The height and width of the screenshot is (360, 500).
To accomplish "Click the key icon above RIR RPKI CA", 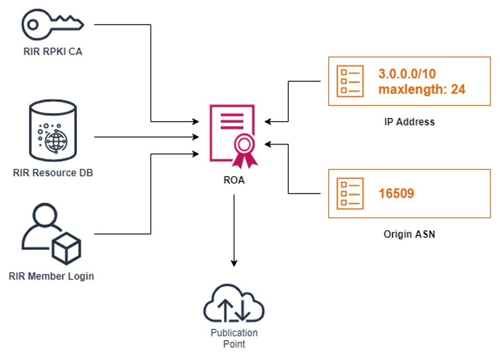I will pyautogui.click(x=52, y=24).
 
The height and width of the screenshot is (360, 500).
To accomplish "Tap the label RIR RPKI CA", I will pyautogui.click(x=53, y=52).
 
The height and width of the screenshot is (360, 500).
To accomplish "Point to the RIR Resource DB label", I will pyautogui.click(x=53, y=173).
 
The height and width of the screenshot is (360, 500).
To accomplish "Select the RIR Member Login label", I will pyautogui.click(x=52, y=276).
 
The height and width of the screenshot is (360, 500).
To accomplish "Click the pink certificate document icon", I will pyautogui.click(x=231, y=133).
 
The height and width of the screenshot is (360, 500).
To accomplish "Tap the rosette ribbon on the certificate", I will pyautogui.click(x=244, y=148).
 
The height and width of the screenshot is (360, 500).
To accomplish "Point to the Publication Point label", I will pyautogui.click(x=234, y=338).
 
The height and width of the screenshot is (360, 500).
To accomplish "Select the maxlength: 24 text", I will pyautogui.click(x=421, y=89).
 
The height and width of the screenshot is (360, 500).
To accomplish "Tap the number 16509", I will pyautogui.click(x=396, y=193).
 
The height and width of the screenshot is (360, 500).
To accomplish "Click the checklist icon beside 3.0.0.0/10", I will pyautogui.click(x=350, y=81).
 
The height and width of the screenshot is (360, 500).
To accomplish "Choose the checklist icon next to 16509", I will pyautogui.click(x=350, y=193).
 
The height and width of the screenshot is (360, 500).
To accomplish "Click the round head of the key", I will pyautogui.click(x=33, y=24).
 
